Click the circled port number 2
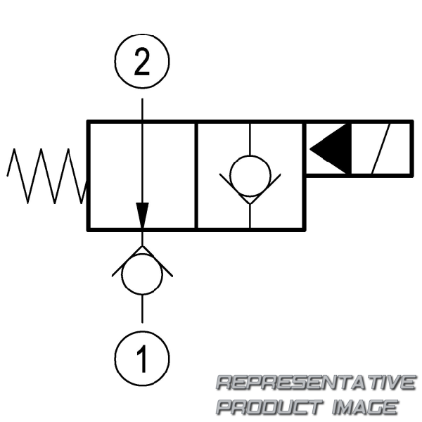[142, 64]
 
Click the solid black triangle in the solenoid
[331, 148]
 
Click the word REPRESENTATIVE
[315, 383]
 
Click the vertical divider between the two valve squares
[196, 175]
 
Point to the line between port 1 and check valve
[142, 309]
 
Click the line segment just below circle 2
[142, 105]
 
